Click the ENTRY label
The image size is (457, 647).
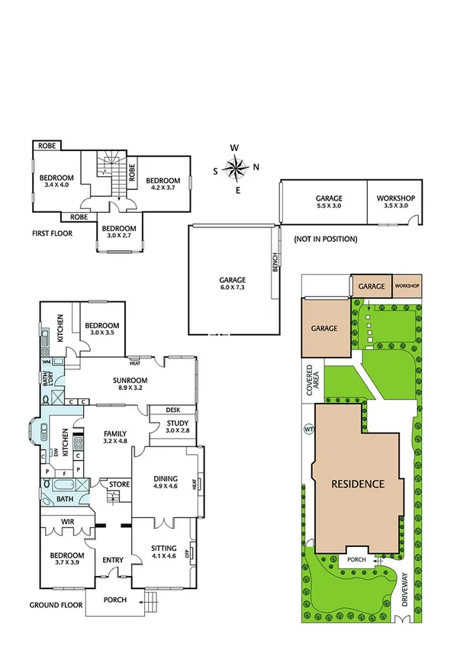coord(113,561)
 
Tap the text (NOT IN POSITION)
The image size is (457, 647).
coord(325,239)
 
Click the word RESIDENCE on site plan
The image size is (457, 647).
coord(357,484)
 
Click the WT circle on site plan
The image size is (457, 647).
coord(309,429)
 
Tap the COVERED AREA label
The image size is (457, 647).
coord(311,381)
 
